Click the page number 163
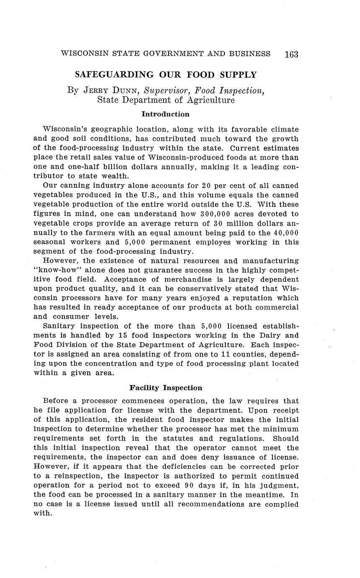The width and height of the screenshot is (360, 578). point(291,54)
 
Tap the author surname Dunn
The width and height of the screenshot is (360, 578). point(124,90)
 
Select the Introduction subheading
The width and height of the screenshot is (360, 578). point(166,114)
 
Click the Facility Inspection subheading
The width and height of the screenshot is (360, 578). point(166,388)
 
